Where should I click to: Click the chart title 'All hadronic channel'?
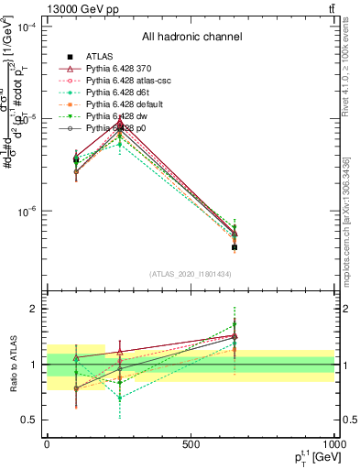point(191,38)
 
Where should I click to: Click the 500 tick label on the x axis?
point(191,444)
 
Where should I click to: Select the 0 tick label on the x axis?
point(47,444)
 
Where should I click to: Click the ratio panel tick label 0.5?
point(28,420)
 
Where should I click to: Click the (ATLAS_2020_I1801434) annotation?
point(191,274)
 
